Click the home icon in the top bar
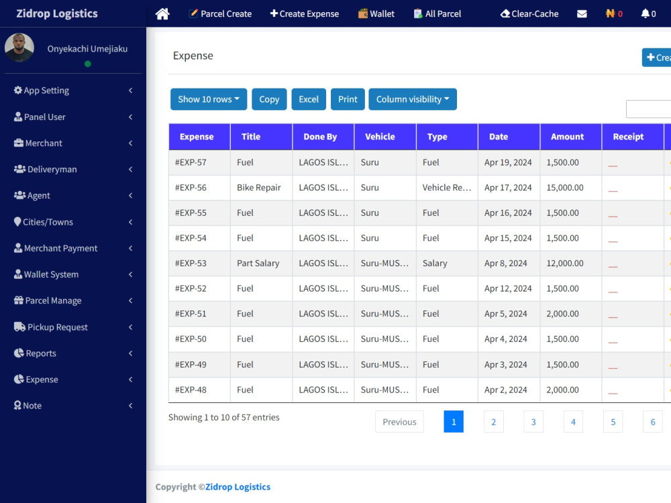point(162,13)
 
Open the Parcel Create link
point(220,13)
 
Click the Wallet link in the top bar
point(376,13)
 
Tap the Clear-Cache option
point(529,13)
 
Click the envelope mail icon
point(582,13)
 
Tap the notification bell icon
point(645,13)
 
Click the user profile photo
point(19,48)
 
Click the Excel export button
point(309,99)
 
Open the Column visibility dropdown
point(413,99)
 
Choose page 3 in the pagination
point(533,422)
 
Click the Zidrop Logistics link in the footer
point(238,487)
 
